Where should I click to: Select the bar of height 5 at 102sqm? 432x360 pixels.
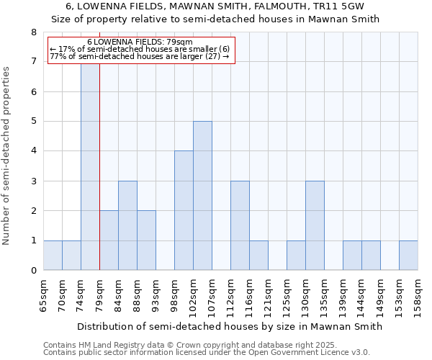pyautogui.click(x=202, y=196)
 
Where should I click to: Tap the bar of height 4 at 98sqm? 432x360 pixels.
pyautogui.click(x=184, y=210)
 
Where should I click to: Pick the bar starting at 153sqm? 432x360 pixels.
pyautogui.click(x=408, y=256)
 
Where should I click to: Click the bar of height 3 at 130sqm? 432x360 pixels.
pyautogui.click(x=315, y=225)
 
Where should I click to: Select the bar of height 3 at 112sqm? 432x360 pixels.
pyautogui.click(x=240, y=225)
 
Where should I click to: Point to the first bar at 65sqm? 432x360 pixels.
pyautogui.click(x=53, y=256)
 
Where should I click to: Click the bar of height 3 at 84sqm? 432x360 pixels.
pyautogui.click(x=127, y=225)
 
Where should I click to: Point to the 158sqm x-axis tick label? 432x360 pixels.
pyautogui.click(x=418, y=294)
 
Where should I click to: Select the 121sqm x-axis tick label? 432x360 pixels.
pyautogui.click(x=268, y=294)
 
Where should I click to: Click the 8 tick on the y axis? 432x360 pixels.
pyautogui.click(x=33, y=32)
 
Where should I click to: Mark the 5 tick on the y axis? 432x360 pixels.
pyautogui.click(x=33, y=122)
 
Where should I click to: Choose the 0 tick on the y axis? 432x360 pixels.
pyautogui.click(x=33, y=271)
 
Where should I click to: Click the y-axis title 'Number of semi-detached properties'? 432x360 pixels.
pyautogui.click(x=7, y=156)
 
